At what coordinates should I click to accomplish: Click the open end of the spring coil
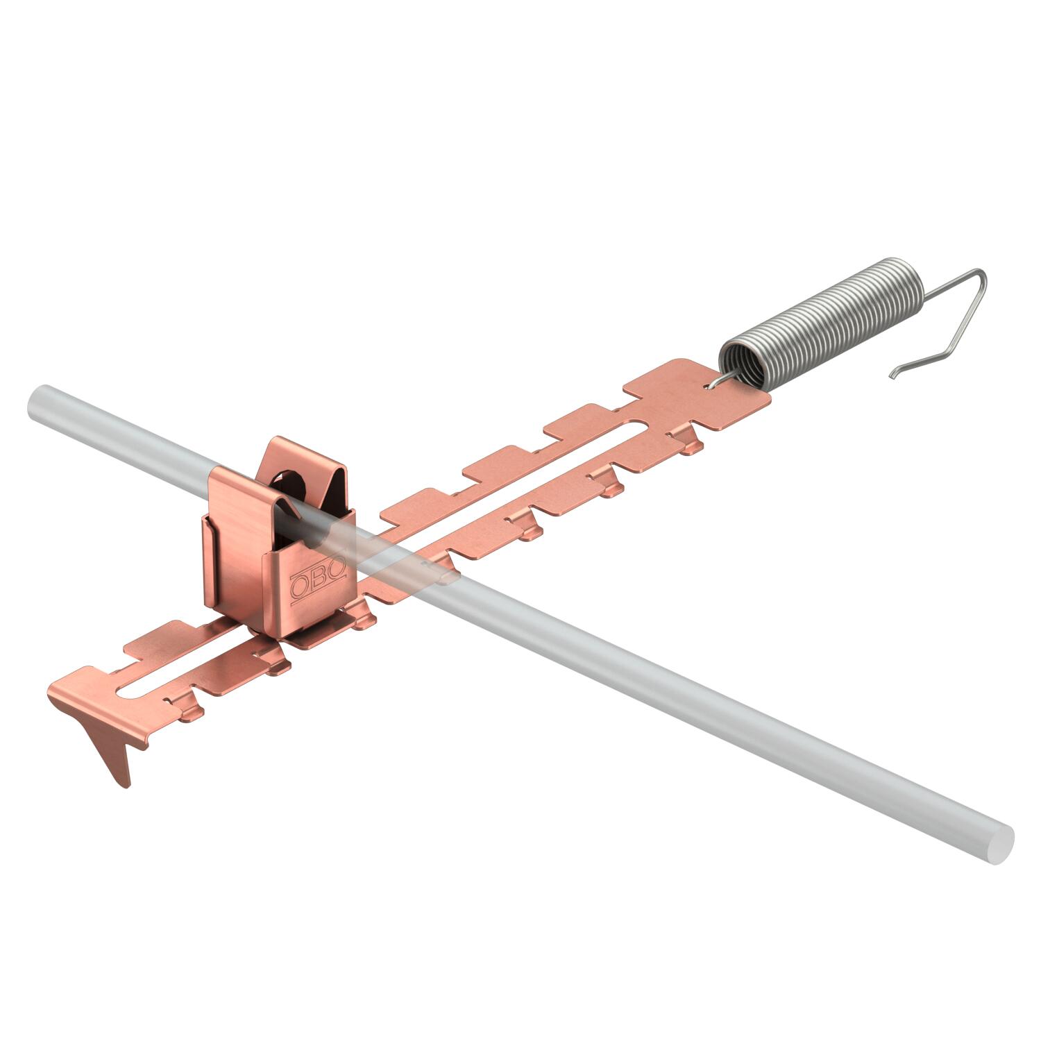click(x=743, y=361)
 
